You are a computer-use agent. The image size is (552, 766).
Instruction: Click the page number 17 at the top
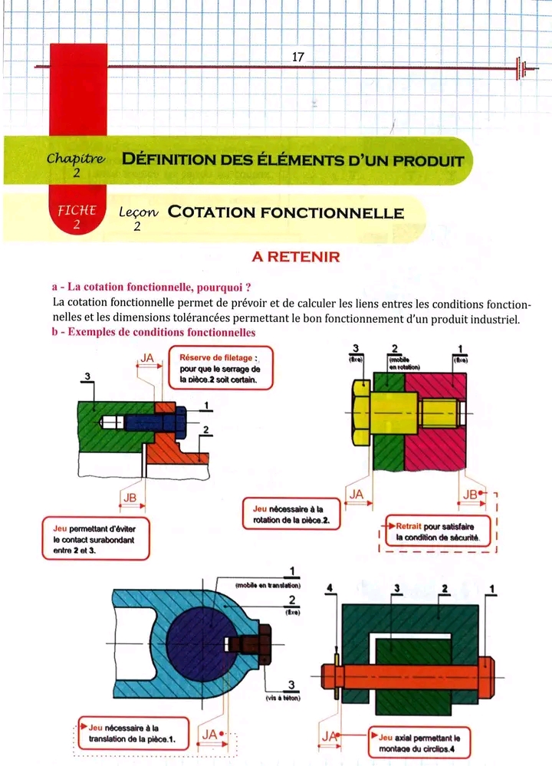[299, 56]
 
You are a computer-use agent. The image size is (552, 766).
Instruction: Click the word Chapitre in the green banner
[75, 159]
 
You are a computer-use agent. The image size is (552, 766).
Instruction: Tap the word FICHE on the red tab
[76, 210]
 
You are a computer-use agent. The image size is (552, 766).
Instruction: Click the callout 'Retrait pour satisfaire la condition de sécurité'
[438, 532]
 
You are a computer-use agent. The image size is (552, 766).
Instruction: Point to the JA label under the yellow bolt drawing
[356, 495]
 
